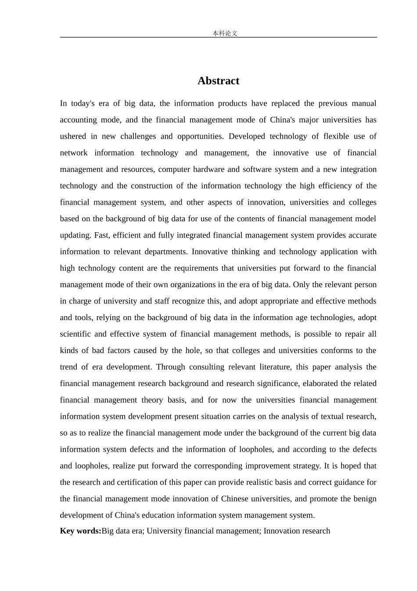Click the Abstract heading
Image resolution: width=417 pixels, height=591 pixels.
218,81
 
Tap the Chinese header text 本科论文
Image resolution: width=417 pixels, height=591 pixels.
225,33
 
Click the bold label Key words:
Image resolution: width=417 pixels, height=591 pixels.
80,531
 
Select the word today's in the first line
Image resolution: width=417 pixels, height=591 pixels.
83,104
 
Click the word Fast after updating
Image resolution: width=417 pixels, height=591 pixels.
101,235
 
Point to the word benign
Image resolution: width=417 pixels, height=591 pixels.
364,499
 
